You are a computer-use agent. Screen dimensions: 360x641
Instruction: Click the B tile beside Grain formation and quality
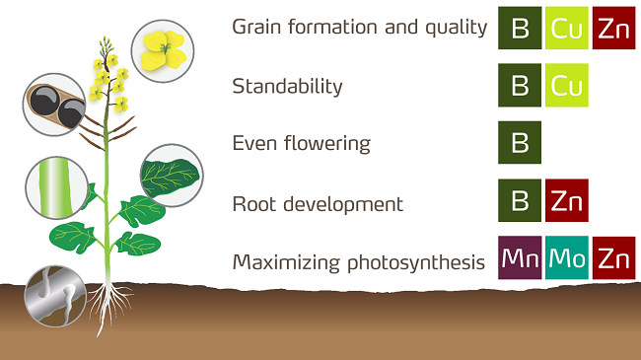click(x=521, y=28)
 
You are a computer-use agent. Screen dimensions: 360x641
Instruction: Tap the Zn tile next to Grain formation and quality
click(x=613, y=28)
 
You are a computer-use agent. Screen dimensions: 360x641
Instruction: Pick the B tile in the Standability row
click(x=521, y=86)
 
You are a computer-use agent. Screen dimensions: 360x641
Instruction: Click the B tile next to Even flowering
click(x=521, y=143)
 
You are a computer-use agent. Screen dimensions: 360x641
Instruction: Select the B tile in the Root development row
click(x=521, y=201)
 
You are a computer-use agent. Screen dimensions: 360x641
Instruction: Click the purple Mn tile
click(x=521, y=258)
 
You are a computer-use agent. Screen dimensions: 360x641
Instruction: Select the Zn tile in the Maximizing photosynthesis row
click(x=613, y=258)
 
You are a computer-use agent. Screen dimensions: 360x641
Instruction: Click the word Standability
click(x=287, y=87)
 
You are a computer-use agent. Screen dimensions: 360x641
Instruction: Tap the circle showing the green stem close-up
click(x=57, y=186)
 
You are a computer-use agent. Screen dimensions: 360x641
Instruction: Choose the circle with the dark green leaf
click(x=171, y=175)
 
